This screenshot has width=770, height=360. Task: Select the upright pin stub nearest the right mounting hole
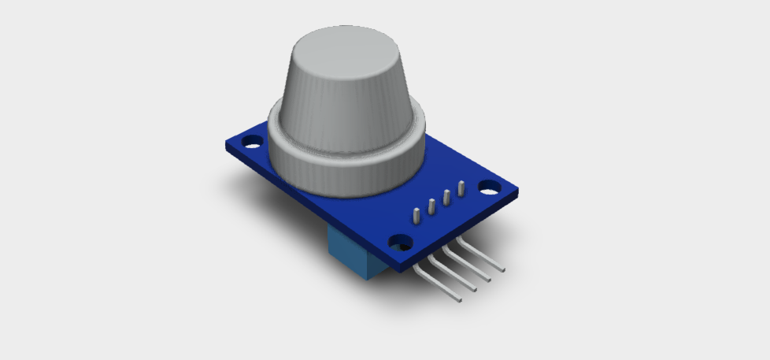461,187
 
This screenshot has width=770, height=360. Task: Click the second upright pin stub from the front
431,206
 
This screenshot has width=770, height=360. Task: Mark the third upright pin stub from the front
446,197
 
